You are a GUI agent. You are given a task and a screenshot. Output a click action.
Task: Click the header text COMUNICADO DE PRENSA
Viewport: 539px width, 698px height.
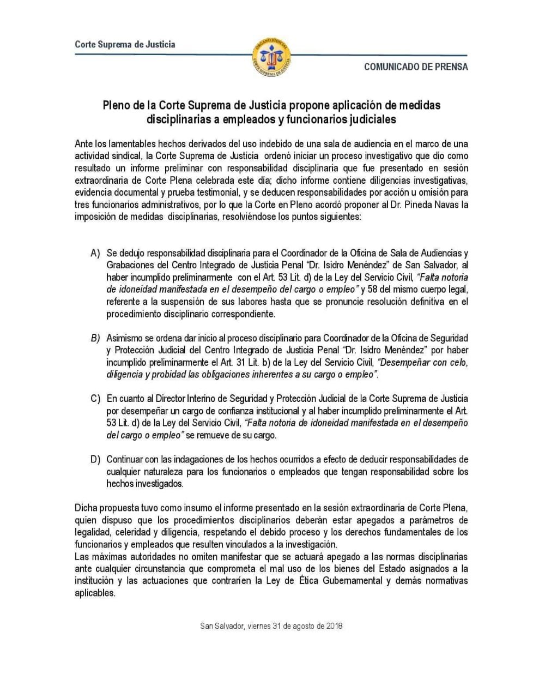416,67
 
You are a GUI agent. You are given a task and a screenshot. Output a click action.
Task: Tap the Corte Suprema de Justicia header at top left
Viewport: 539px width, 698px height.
125,45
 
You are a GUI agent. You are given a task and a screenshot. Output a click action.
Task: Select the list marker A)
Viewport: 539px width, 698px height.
96,254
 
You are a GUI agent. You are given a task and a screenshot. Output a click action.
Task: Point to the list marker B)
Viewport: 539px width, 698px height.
95,338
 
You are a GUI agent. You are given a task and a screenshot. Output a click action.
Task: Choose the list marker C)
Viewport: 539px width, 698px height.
95,399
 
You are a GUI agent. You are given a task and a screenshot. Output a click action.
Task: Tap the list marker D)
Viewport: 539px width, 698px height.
96,460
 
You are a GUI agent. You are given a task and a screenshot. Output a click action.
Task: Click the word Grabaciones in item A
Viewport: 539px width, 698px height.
129,266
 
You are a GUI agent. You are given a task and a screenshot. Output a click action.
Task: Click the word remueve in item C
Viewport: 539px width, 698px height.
215,435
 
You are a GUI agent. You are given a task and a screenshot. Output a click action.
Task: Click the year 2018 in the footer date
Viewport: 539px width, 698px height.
331,626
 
